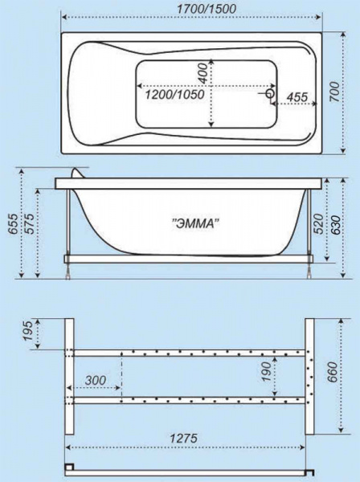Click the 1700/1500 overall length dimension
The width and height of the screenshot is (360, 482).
point(207,9)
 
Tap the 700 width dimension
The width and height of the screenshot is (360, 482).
point(334,92)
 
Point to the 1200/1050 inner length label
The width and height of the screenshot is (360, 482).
point(174,95)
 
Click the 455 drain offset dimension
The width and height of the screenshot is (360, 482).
point(297,97)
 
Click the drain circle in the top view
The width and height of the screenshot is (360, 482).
point(271,93)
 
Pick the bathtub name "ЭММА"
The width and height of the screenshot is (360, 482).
point(196,223)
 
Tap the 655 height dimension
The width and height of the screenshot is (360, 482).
point(13,224)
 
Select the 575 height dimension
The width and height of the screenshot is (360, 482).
point(31,224)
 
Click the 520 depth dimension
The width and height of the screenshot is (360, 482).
point(319,224)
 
